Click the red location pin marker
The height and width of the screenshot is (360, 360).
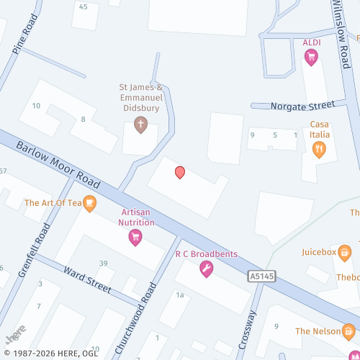180,172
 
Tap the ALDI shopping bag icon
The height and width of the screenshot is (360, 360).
311,58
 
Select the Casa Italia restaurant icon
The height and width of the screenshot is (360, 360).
319,149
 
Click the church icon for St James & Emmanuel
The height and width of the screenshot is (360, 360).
140,125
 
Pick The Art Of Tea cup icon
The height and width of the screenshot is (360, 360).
89,203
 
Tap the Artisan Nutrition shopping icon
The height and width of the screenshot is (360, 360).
135,238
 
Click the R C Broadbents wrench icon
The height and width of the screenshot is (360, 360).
206,269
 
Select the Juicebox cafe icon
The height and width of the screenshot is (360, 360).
345,252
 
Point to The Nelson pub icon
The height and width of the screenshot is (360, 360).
348,331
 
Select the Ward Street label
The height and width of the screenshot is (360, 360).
87,280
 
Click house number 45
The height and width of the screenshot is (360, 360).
84,6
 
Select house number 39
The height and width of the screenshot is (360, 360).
104,263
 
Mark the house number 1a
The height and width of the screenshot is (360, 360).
180,295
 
